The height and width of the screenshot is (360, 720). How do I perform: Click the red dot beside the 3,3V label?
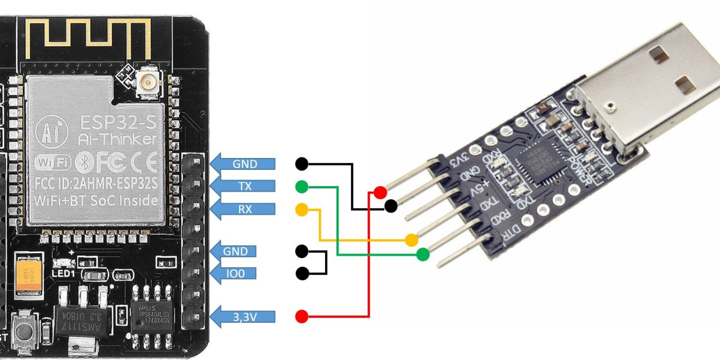point(302,317)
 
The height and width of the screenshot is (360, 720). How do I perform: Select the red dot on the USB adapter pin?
point(380,192)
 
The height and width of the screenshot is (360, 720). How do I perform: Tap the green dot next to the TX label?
point(302,186)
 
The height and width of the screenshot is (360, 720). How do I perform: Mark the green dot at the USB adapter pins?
point(423,255)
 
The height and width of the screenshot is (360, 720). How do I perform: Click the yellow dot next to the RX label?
point(302,210)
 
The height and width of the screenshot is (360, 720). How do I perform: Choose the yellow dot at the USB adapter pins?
point(412,240)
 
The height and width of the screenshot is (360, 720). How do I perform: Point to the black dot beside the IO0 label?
point(302,274)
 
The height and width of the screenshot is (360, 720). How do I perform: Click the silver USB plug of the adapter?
point(647,84)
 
